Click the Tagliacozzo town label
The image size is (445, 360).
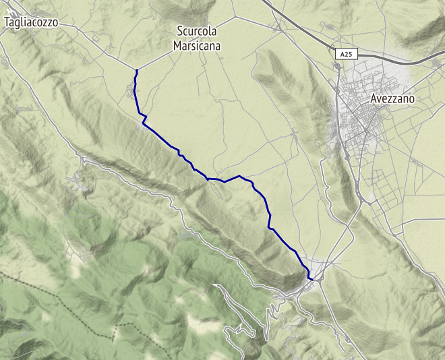31,22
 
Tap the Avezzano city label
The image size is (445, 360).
402,98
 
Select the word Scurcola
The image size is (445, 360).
197,30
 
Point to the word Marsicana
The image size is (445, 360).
197,46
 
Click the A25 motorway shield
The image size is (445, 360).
346,53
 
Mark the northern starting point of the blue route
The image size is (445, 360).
137,70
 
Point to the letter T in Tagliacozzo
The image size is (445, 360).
7,22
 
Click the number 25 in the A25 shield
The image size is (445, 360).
349,53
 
